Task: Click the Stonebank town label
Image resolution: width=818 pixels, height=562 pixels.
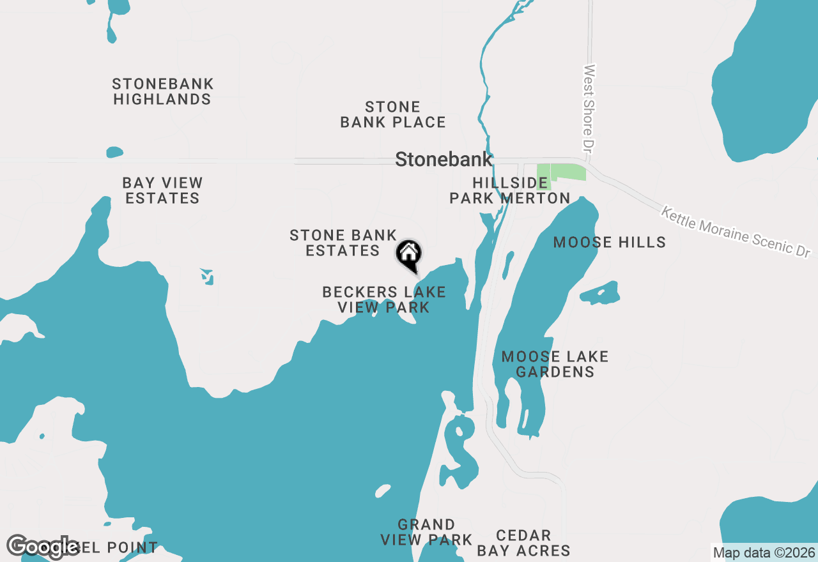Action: click(444, 159)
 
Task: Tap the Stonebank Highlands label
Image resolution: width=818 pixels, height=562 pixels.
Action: click(162, 92)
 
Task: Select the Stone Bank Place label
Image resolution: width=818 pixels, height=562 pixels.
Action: click(392, 114)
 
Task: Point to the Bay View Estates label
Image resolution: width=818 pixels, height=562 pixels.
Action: click(162, 190)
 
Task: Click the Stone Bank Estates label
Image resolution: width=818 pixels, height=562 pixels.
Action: click(343, 243)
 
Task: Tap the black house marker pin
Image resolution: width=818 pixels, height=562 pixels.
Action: click(409, 255)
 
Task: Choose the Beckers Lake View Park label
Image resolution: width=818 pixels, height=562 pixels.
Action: click(383, 300)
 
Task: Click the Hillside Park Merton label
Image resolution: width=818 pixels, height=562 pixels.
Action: click(509, 190)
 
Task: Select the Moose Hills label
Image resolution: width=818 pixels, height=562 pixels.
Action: click(609, 242)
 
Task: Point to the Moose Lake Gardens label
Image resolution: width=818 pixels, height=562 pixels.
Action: click(555, 364)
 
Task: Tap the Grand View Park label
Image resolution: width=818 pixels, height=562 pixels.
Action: click(426, 532)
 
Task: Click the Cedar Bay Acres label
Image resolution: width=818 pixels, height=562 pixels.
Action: click(523, 543)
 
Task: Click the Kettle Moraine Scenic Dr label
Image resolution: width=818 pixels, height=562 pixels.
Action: click(735, 231)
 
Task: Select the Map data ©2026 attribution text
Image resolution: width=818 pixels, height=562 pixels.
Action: click(764, 552)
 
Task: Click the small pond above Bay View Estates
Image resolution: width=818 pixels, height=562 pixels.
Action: click(114, 152)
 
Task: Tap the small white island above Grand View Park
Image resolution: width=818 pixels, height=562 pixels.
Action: click(382, 490)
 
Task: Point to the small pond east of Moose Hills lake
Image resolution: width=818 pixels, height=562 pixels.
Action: click(601, 293)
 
